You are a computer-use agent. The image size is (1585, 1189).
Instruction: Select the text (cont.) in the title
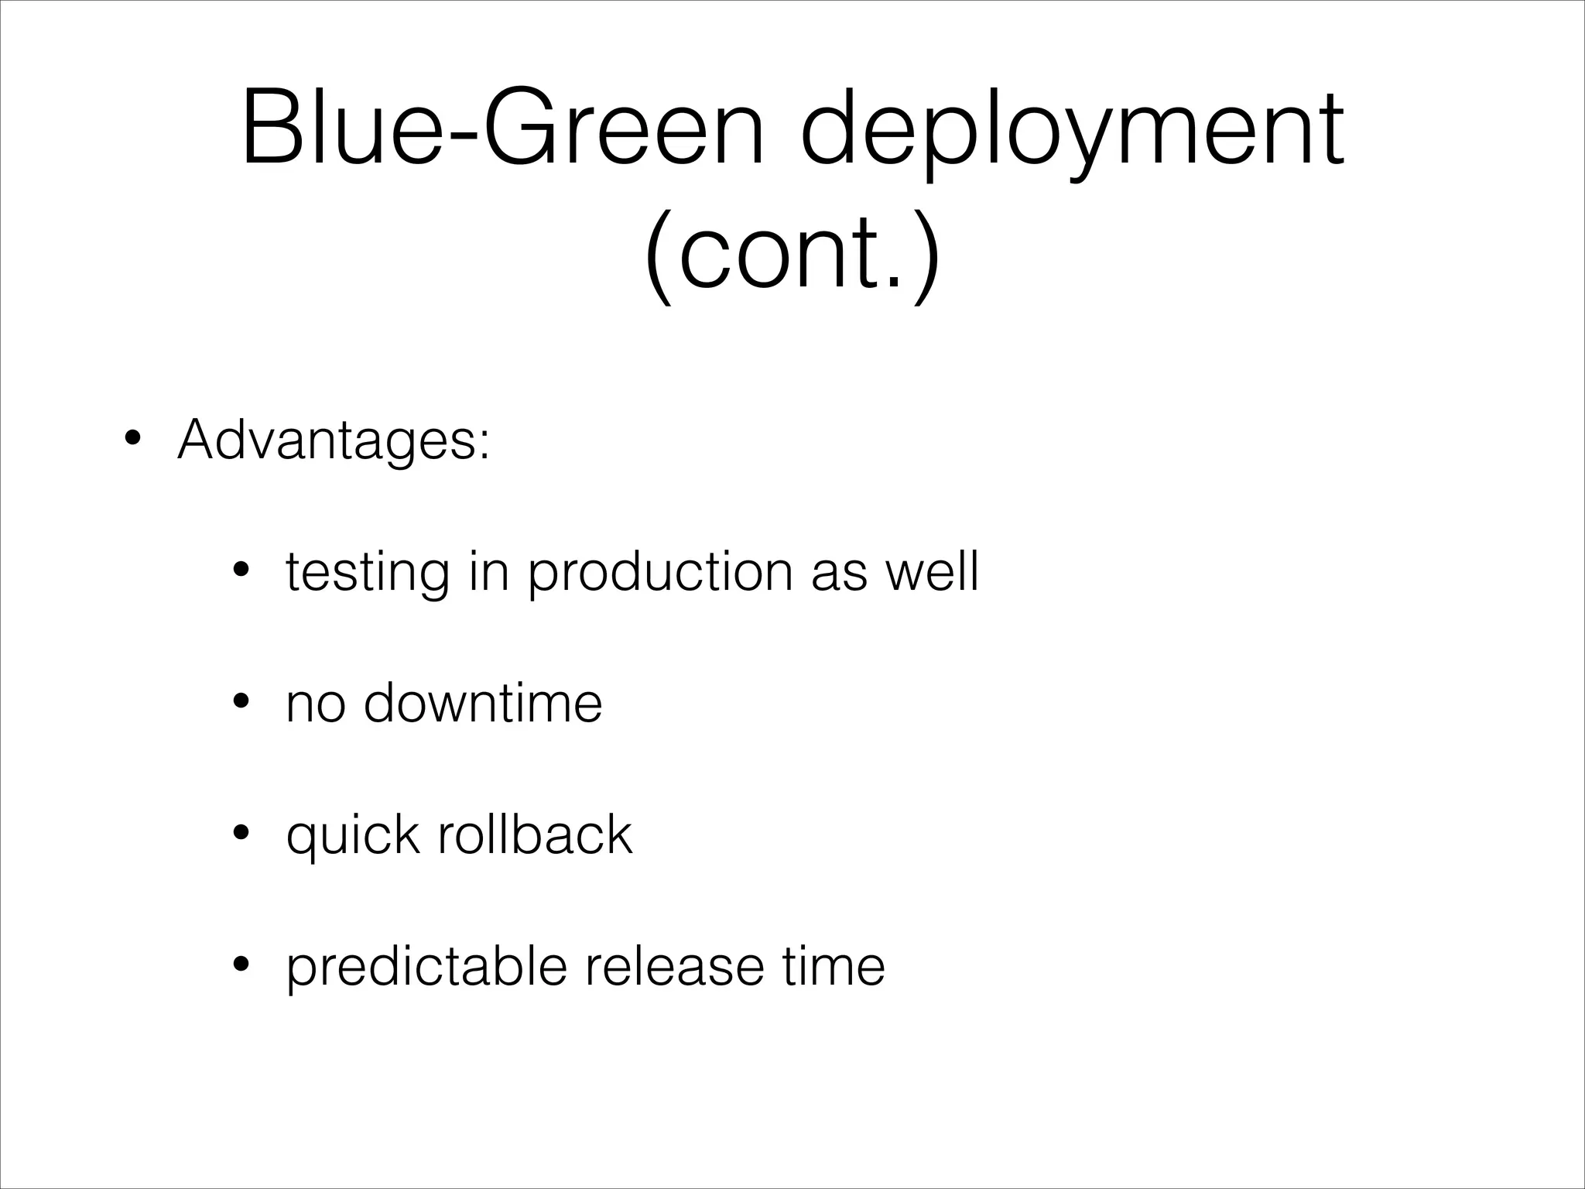pos(792,253)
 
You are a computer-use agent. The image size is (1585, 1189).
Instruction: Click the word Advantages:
pos(334,440)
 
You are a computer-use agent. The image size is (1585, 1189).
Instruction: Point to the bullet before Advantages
pos(132,440)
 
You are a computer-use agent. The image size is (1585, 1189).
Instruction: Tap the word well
pos(932,571)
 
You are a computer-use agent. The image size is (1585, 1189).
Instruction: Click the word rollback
pos(535,834)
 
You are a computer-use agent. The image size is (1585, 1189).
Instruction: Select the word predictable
pos(426,968)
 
